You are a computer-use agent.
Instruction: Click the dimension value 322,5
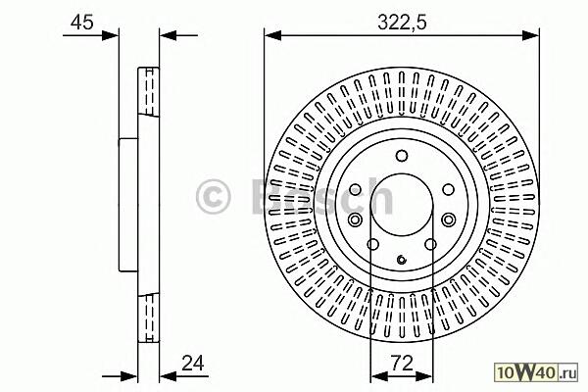[x=402, y=23]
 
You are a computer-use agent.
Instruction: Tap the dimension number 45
[x=81, y=23]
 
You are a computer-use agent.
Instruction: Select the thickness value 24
[x=193, y=363]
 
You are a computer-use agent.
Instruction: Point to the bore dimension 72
[x=402, y=363]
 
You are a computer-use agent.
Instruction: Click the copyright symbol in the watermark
[x=213, y=197]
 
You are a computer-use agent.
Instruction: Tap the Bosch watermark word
[x=322, y=196]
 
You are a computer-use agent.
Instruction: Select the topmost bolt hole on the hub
[x=402, y=155]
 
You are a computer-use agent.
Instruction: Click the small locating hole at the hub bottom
[x=401, y=259]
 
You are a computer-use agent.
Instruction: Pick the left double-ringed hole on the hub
[x=355, y=220]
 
